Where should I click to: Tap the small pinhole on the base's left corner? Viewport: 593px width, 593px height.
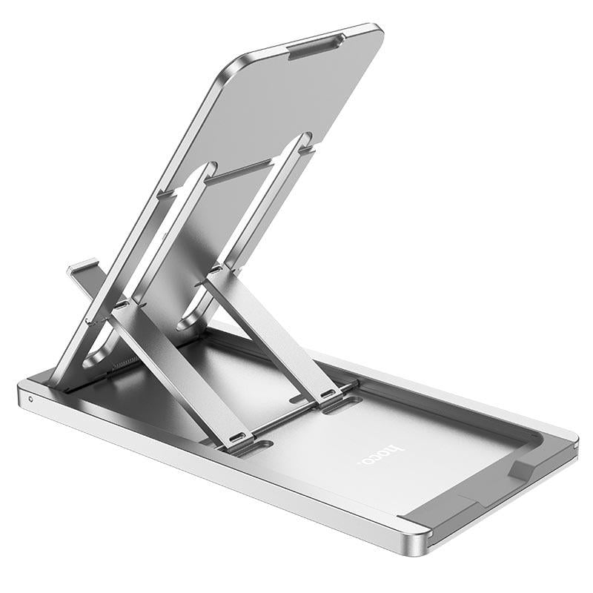(30, 398)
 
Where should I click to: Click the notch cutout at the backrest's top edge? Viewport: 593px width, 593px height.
(314, 46)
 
